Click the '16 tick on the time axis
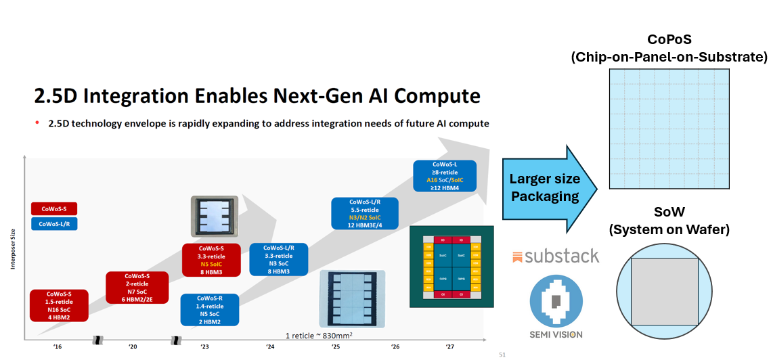[x=58, y=346]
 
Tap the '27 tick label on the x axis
[x=449, y=346]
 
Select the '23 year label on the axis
[x=204, y=346]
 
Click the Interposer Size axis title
[x=12, y=250]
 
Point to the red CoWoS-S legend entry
[x=54, y=208]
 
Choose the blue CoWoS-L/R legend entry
[x=54, y=224]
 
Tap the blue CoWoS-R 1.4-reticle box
[x=210, y=309]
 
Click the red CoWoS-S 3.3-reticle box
[x=213, y=260]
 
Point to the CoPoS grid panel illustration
[x=668, y=129]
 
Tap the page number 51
[x=502, y=353]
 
